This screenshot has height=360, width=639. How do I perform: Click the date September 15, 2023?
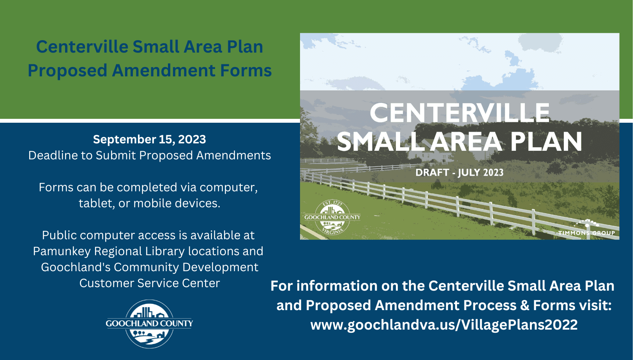click(x=149, y=139)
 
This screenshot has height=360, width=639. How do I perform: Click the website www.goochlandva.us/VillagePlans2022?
click(x=444, y=325)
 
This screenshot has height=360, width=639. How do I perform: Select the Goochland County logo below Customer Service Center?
click(x=149, y=324)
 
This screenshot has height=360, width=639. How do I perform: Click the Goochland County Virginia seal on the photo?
click(x=332, y=217)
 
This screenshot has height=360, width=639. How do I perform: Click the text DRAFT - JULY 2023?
click(x=459, y=173)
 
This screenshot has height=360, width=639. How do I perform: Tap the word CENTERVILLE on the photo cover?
click(x=459, y=113)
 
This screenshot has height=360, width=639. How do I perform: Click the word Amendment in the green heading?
click(x=163, y=71)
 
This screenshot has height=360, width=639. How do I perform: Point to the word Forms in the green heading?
click(x=246, y=71)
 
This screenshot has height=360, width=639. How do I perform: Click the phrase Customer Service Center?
click(x=149, y=283)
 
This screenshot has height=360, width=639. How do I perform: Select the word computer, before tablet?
click(x=228, y=187)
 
